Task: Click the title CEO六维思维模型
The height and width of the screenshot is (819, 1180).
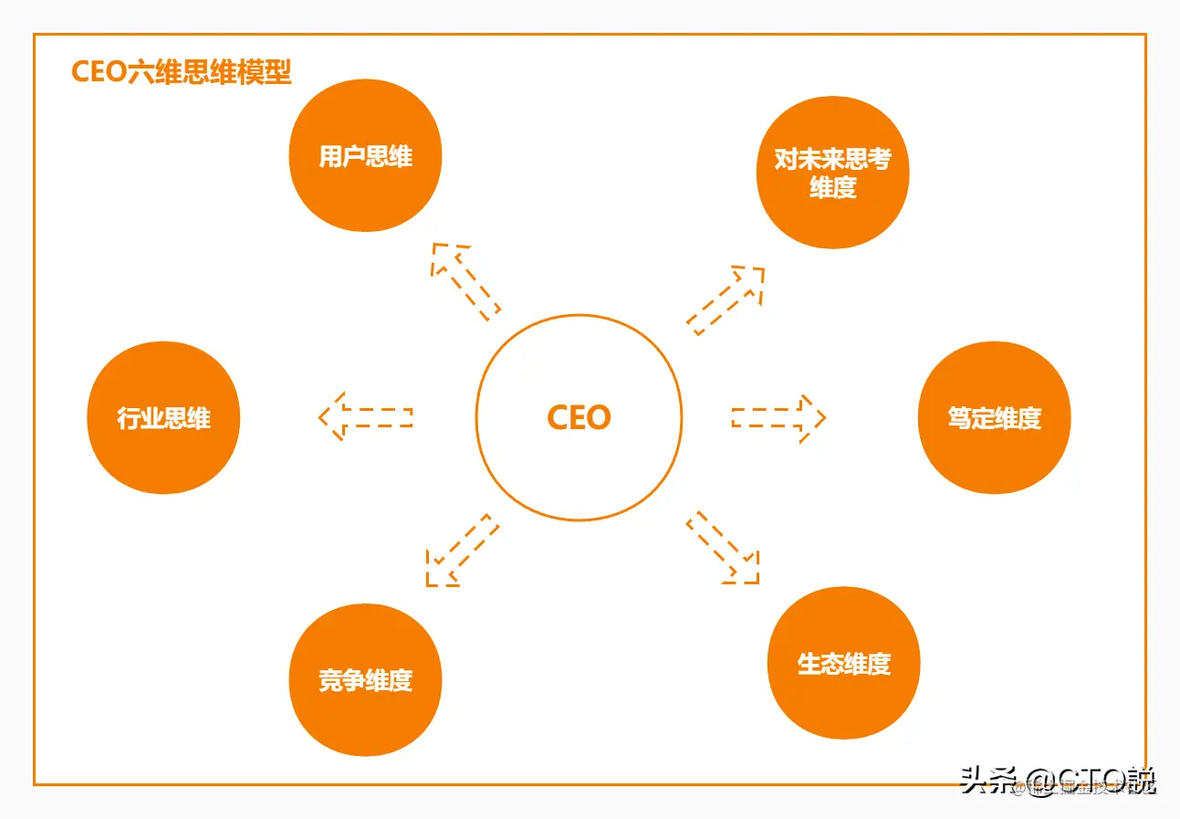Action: click(181, 72)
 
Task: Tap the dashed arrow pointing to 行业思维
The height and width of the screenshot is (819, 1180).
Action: click(365, 417)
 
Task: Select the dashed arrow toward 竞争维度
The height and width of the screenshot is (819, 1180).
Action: click(462, 550)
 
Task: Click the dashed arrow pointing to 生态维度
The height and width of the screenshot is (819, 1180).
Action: click(723, 547)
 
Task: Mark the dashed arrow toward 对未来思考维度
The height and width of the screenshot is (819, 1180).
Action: click(726, 300)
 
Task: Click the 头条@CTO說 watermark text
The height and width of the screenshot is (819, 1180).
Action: click(1058, 781)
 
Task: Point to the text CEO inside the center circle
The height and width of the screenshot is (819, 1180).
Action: click(579, 418)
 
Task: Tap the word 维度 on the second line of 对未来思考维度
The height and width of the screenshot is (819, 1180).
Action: click(832, 187)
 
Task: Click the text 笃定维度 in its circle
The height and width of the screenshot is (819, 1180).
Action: click(994, 419)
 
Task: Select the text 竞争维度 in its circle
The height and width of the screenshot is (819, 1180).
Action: click(365, 680)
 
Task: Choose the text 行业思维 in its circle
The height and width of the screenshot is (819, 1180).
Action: click(163, 419)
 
